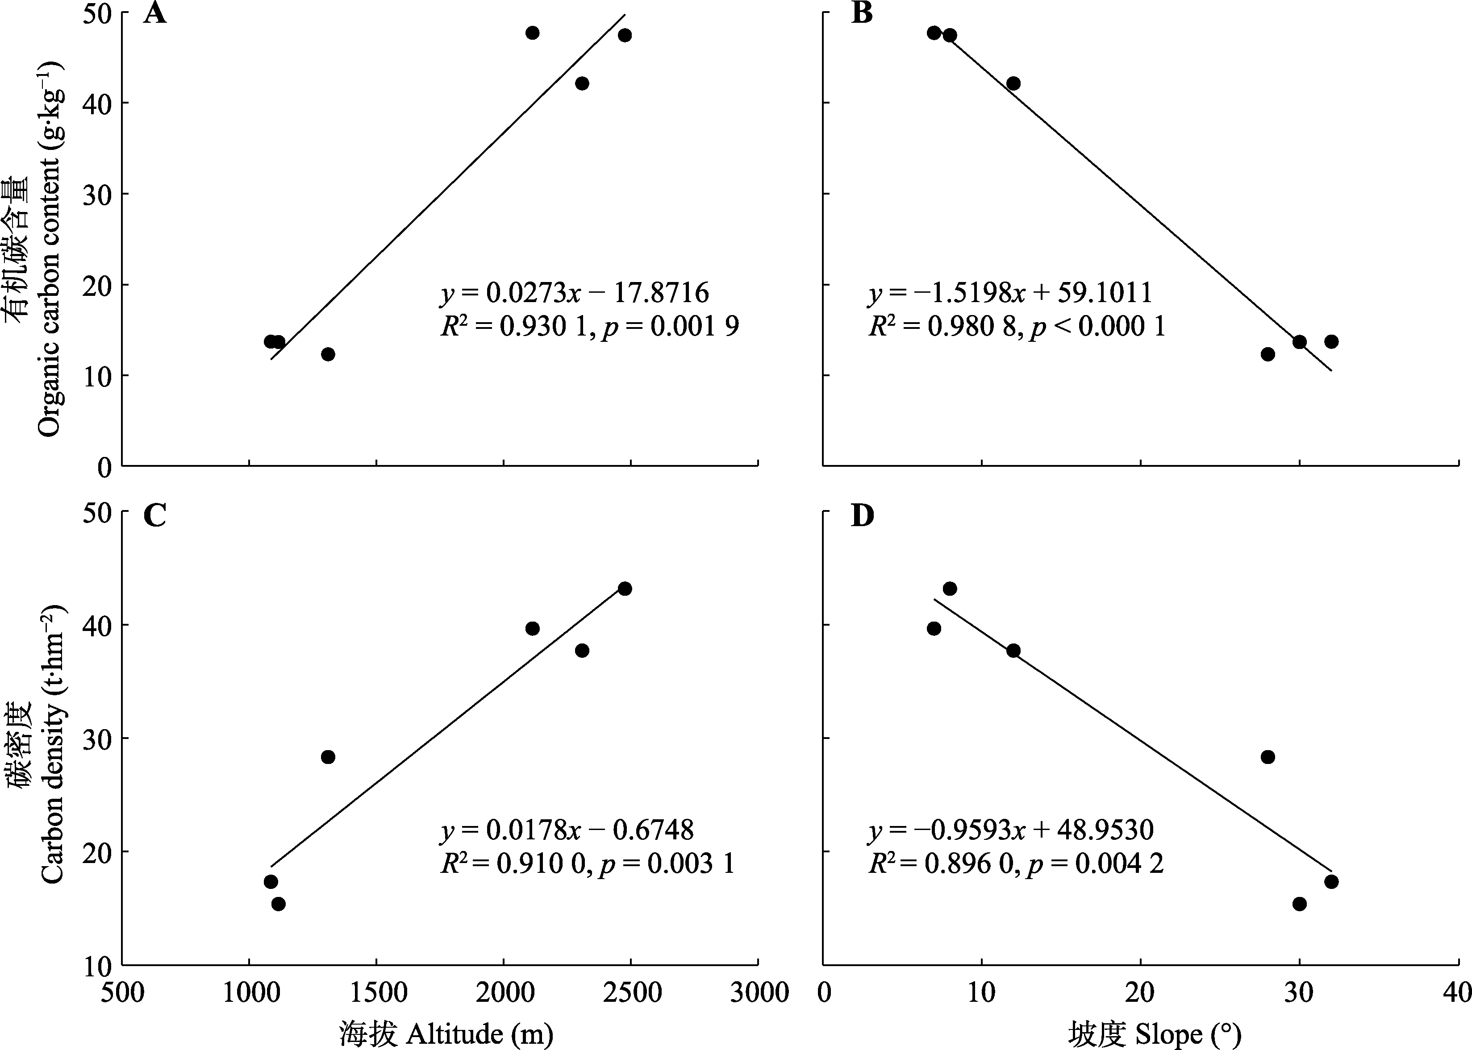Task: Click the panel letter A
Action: pos(154,13)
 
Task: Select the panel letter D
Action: pos(862,515)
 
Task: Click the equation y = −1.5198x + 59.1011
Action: pos(1010,293)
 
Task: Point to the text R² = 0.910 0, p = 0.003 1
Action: pos(587,864)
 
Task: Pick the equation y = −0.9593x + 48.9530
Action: pos(1011,830)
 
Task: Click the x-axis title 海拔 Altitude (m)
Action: pos(446,1033)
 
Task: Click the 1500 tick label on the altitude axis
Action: pos(376,992)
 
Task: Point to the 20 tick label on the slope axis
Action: pos(1139,992)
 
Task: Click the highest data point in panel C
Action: pos(625,588)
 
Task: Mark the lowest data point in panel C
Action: pos(278,904)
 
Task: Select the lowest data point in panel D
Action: pos(1299,904)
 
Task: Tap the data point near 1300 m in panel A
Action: pos(328,354)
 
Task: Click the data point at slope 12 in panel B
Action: pos(1013,83)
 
